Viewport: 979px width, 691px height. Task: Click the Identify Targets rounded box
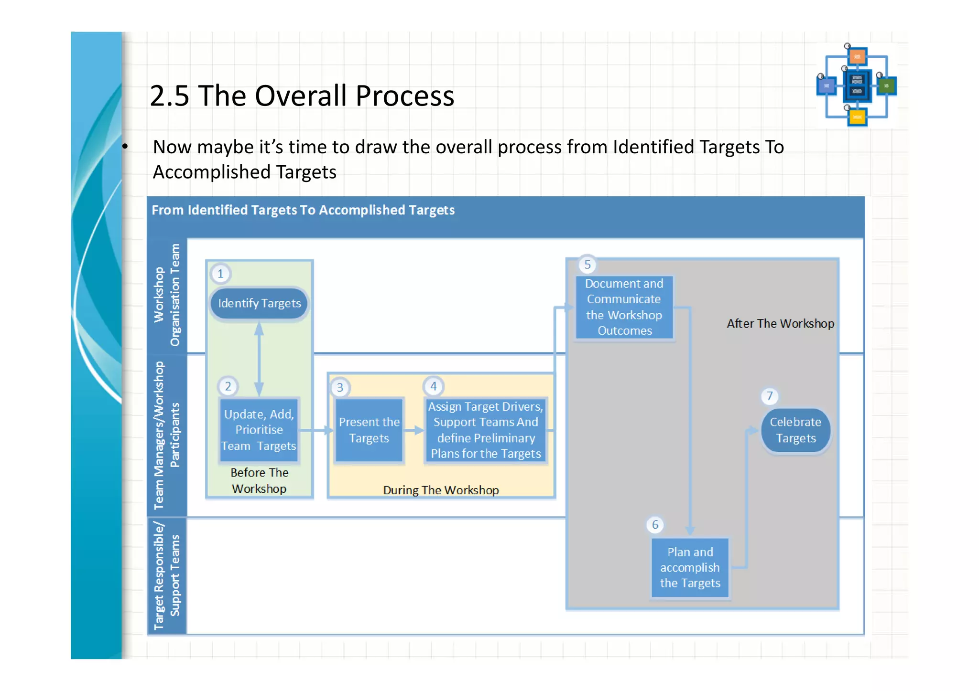[259, 304]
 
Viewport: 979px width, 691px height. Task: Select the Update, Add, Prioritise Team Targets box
[259, 430]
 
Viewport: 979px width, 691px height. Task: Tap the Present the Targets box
[369, 430]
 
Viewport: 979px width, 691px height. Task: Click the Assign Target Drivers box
[486, 430]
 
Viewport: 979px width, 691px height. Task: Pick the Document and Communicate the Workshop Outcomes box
[624, 307]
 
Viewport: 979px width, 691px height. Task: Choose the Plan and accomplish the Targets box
[690, 568]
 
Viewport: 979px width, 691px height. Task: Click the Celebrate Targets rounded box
[795, 430]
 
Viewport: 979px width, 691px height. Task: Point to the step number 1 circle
[220, 274]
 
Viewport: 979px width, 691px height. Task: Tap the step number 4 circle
[434, 386]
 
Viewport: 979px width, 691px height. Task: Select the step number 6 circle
[655, 525]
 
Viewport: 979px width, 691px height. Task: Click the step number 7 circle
[770, 396]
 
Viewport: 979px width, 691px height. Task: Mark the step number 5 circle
[587, 265]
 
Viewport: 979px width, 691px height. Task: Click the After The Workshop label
[780, 324]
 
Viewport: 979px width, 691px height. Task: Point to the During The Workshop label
[441, 490]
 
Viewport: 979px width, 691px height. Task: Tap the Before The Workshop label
[259, 480]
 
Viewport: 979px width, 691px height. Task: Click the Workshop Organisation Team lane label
[167, 295]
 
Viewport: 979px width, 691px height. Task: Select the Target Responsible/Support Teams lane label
[167, 576]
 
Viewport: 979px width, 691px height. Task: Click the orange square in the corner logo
[858, 57]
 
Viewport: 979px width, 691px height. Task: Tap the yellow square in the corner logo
[858, 117]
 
